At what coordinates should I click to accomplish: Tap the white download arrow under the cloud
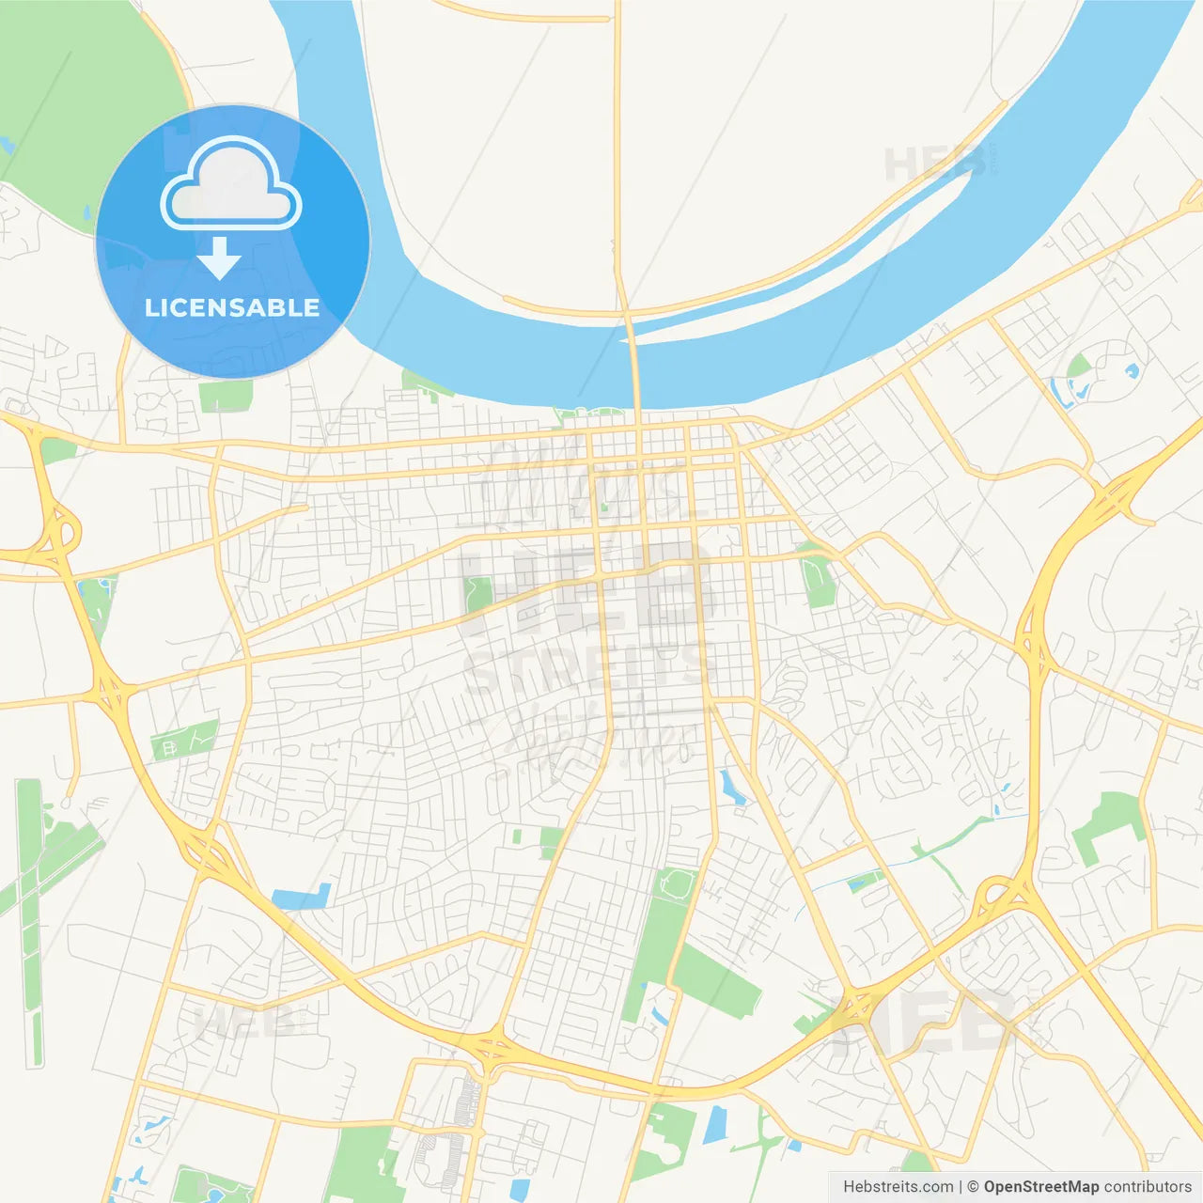pos(219,258)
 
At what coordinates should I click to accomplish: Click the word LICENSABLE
pos(232,307)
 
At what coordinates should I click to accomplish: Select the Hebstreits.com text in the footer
pos(898,1187)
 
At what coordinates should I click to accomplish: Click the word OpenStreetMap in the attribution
pos(1040,1187)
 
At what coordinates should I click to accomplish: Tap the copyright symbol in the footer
pos(973,1187)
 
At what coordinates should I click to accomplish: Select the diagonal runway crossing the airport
pos(56,865)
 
